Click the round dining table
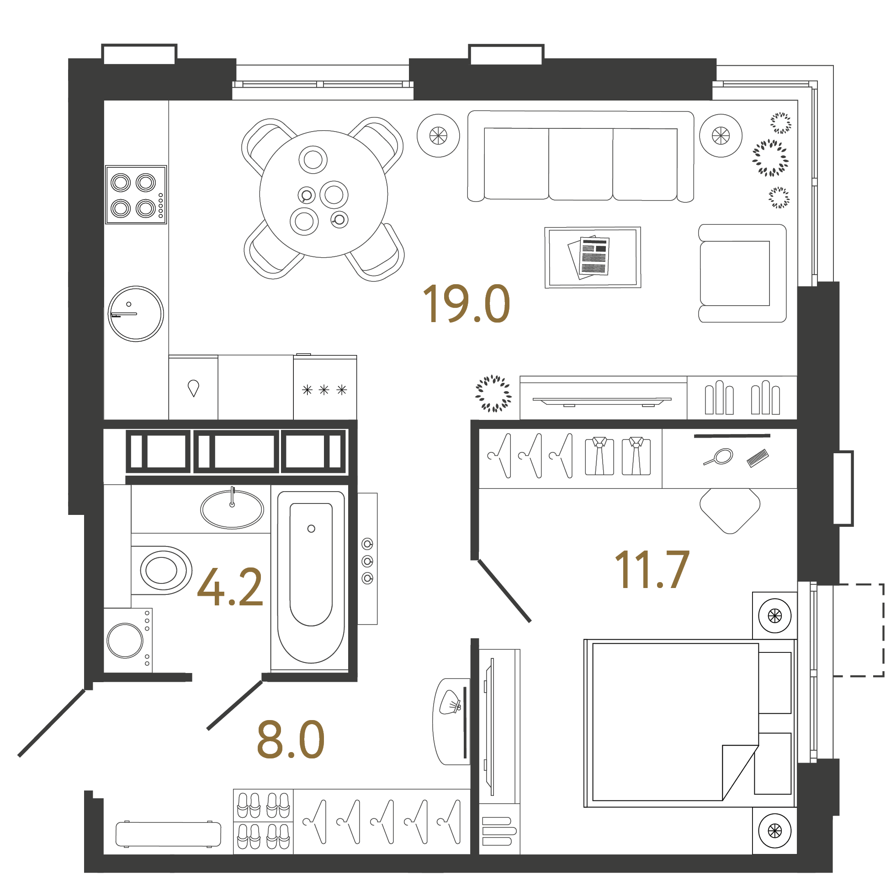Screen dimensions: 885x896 point(323,194)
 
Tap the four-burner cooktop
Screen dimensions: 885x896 point(135,194)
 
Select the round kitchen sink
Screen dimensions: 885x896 point(135,313)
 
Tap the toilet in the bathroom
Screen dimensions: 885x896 point(162,570)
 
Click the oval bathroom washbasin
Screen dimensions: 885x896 point(232,509)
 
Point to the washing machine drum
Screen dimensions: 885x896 point(125,640)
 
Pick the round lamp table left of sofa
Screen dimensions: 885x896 point(438,135)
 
